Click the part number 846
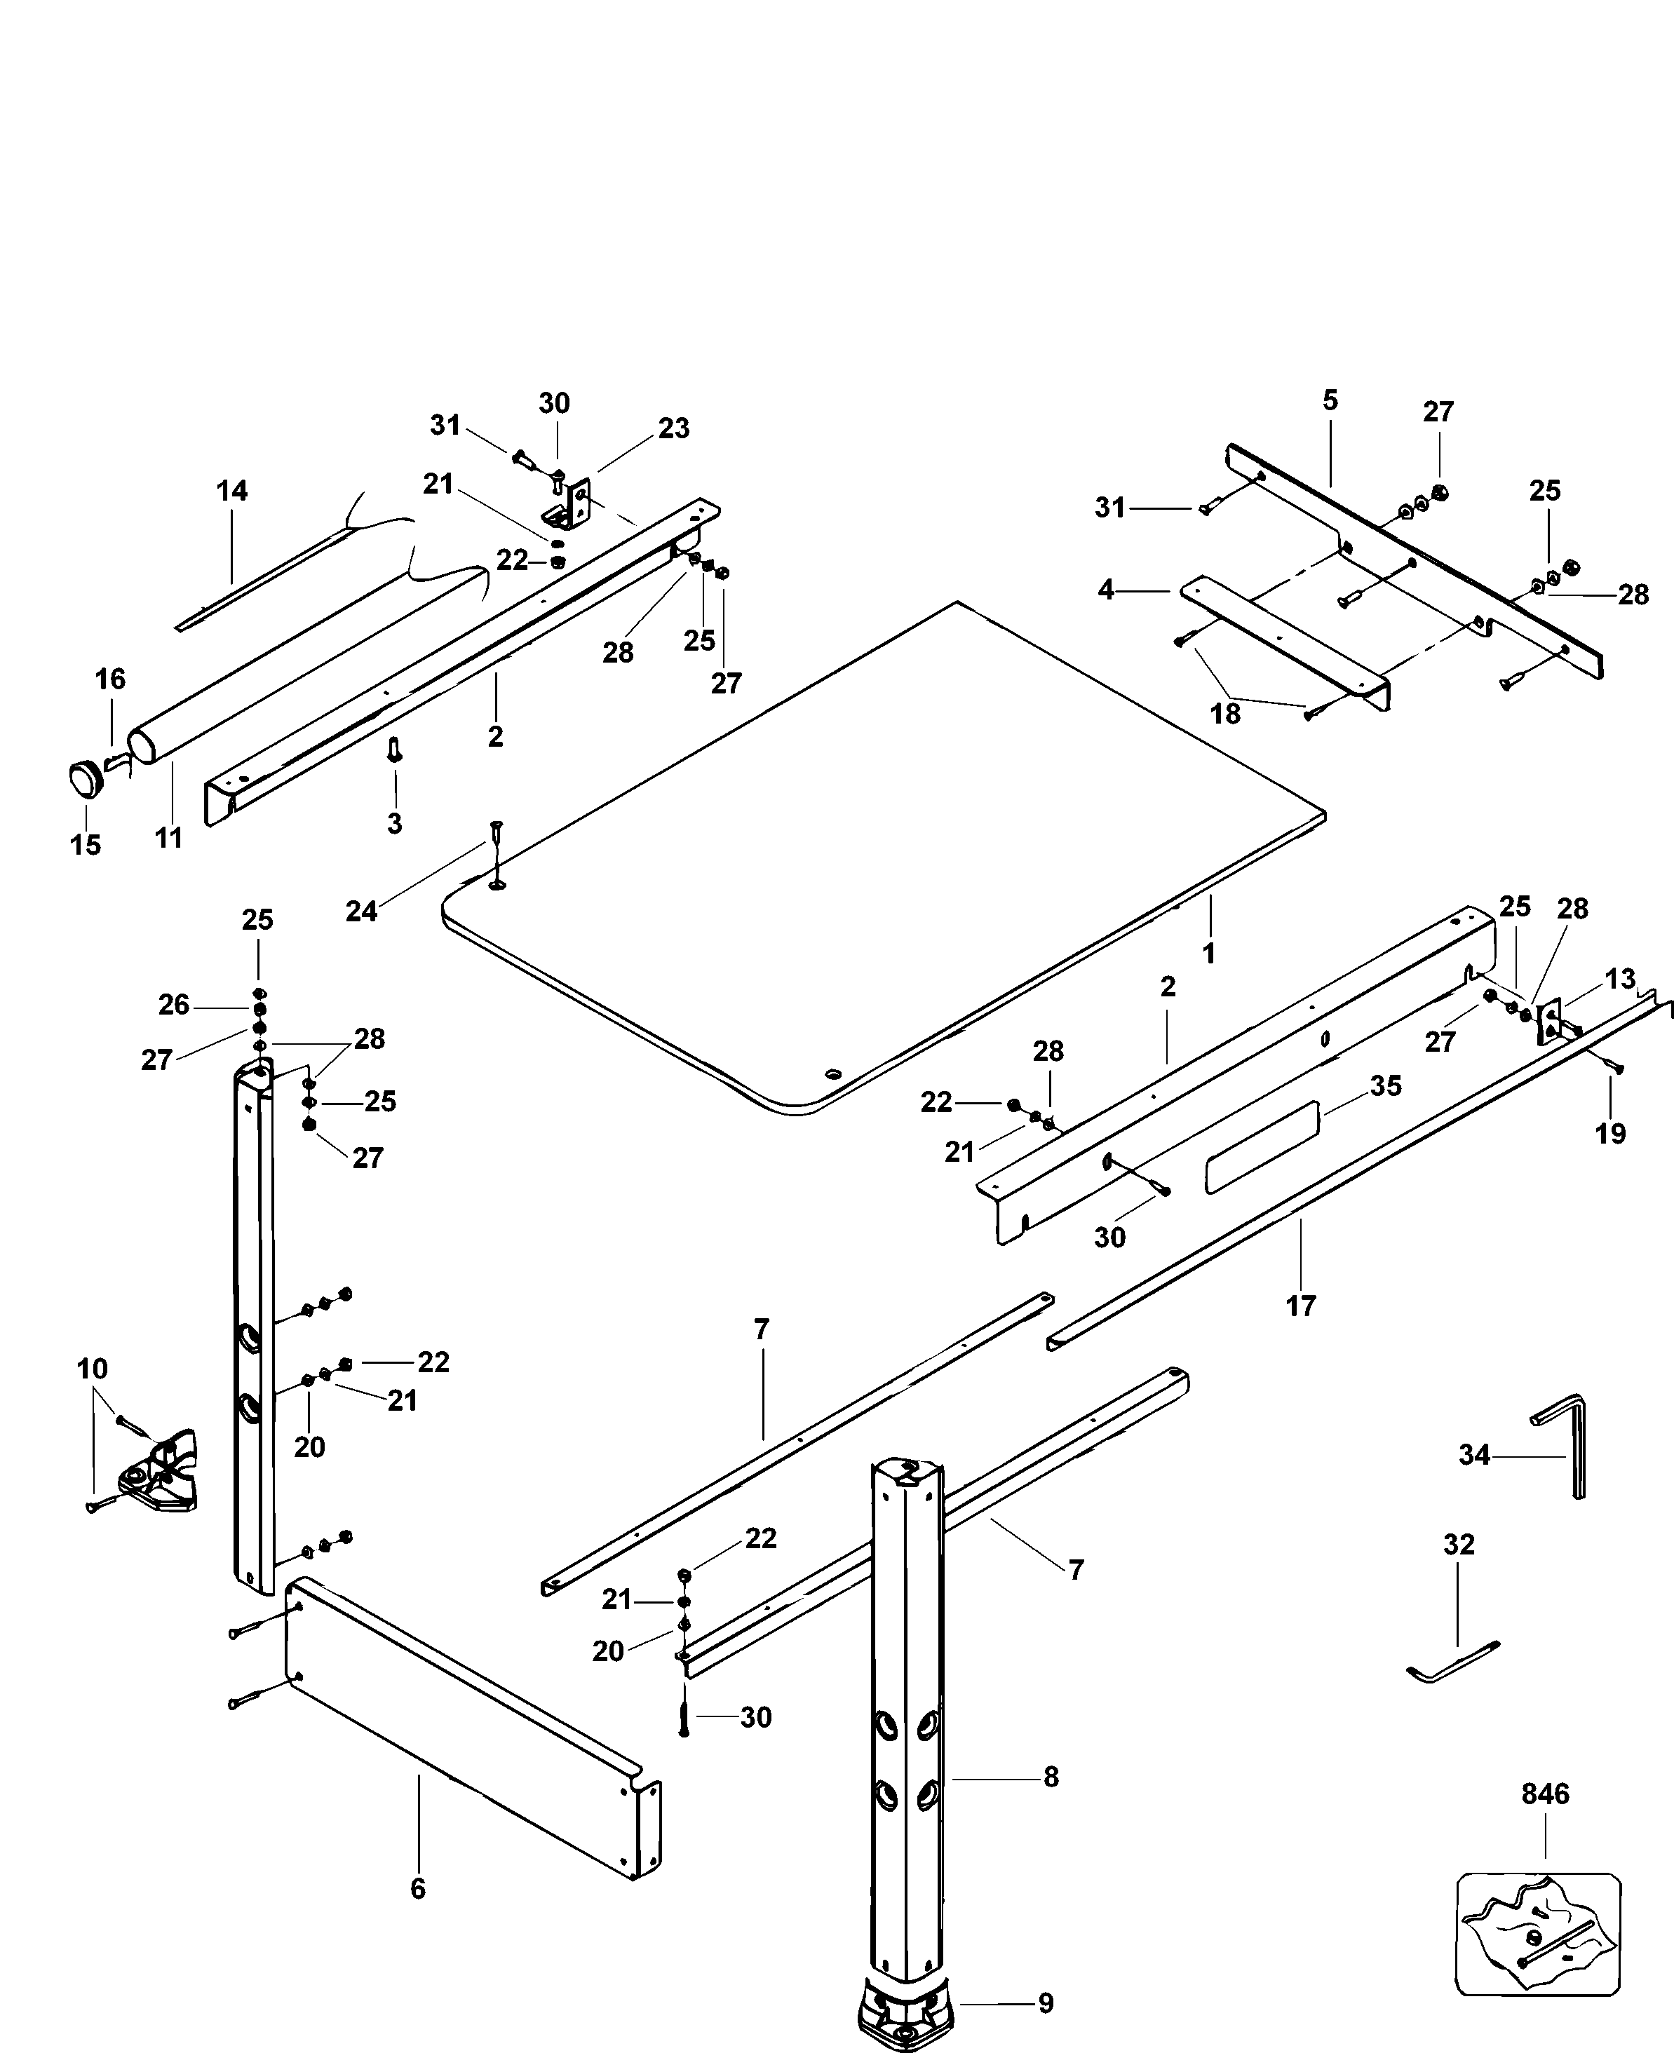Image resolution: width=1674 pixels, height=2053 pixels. (1546, 1794)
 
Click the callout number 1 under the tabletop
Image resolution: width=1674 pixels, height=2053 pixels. (1208, 954)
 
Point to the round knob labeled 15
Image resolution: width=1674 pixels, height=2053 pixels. (86, 779)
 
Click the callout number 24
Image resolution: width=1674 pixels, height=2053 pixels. (362, 911)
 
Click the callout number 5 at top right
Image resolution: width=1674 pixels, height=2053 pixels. (1331, 400)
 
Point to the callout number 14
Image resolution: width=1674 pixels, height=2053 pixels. (231, 491)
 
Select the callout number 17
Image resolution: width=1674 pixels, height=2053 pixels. (1301, 1306)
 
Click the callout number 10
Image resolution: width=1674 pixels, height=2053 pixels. (93, 1368)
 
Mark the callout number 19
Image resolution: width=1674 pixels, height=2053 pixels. (1610, 1134)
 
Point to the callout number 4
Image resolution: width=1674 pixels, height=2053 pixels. (1106, 589)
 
